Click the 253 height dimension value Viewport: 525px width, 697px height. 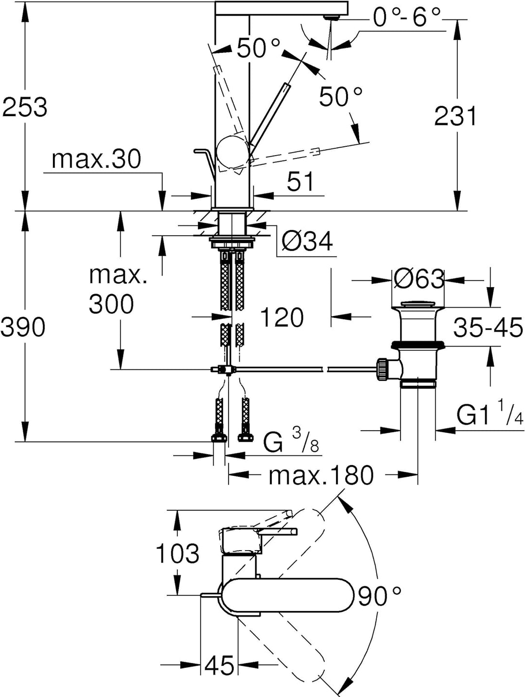pos(25,107)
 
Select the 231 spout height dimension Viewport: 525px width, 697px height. pos(455,117)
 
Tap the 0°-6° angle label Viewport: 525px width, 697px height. pos(406,17)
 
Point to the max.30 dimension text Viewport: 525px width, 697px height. pos(96,159)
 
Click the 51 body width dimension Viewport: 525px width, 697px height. pos(300,182)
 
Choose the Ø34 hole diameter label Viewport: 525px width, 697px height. pos(308,241)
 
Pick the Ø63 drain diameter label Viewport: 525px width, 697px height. pos(419,279)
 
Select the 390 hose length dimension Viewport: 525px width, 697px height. pos(23,327)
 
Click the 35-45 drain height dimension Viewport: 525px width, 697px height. pos(488,328)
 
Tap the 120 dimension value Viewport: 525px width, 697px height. pos(282,317)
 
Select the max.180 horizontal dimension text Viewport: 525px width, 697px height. pos(321,475)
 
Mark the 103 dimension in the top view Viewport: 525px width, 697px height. pos(177,554)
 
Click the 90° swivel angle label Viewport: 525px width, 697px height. pos(380,596)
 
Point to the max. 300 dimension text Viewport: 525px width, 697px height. pos(112,290)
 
